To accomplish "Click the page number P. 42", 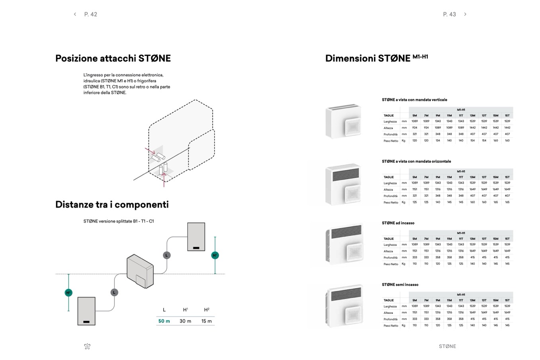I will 91,14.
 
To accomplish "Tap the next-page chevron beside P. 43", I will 465,14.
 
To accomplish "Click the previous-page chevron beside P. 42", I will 75,14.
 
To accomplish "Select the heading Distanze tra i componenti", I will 112,205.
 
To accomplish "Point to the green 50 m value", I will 164,321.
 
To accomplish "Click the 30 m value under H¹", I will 185,321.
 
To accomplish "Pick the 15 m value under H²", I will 206,321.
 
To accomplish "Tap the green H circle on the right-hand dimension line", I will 215,255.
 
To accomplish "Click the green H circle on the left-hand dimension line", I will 68,293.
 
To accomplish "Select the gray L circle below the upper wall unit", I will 167,255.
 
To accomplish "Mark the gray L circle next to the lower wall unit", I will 114,292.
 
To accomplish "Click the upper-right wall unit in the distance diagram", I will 196,237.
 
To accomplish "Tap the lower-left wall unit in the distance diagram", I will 86,311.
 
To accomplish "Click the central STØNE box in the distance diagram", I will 140,271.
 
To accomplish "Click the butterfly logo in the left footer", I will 88,346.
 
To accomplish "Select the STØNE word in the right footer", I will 447,346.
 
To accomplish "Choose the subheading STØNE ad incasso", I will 398,223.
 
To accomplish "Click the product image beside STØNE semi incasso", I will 344,307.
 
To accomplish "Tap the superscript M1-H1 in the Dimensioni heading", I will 420,57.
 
